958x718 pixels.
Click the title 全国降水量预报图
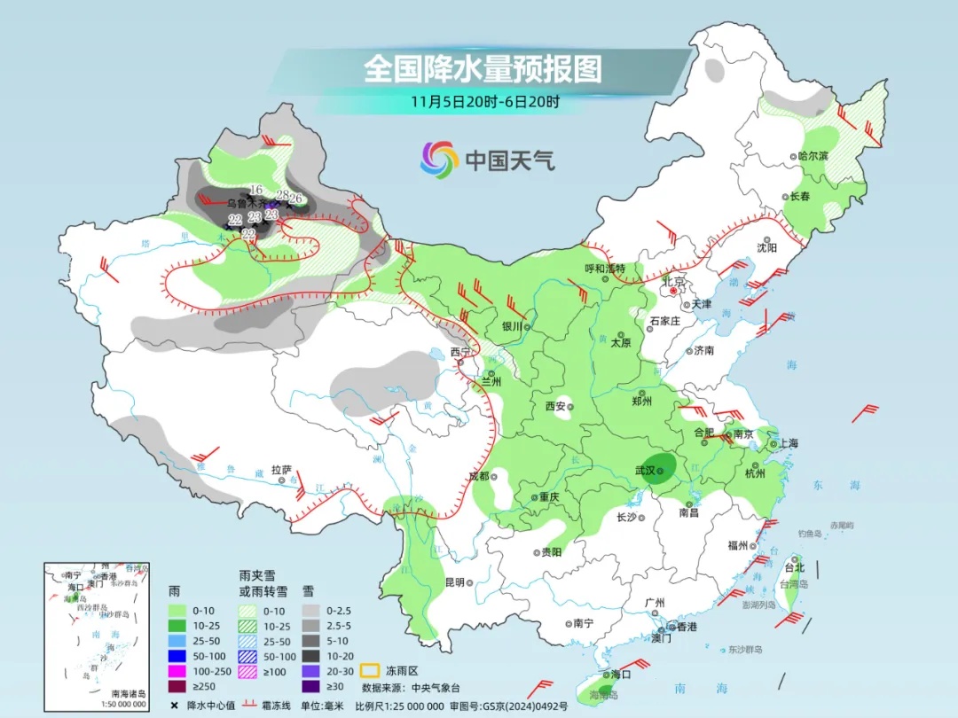point(483,69)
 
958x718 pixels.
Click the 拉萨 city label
point(281,470)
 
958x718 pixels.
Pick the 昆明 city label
point(454,582)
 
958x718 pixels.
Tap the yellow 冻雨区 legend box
point(371,671)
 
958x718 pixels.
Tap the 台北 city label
point(794,568)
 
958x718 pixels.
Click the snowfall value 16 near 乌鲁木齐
point(255,190)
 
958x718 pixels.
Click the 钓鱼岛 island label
point(811,534)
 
